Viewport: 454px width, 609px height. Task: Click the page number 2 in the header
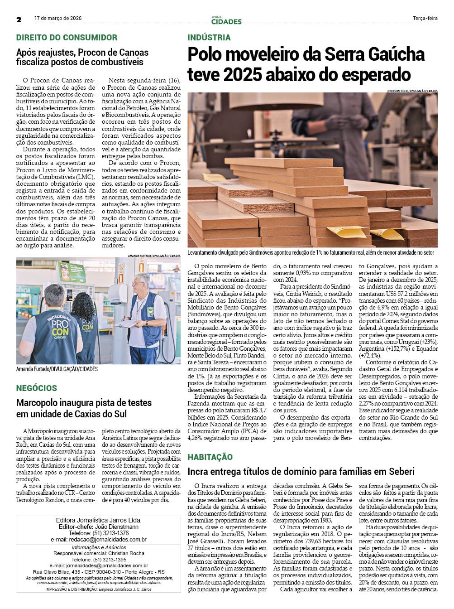(x=19, y=19)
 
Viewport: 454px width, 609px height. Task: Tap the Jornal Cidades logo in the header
(x=226, y=20)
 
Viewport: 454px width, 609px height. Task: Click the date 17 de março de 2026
(x=58, y=19)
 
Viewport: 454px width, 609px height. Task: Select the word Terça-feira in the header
(x=425, y=19)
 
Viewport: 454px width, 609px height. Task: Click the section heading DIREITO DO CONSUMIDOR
(x=67, y=38)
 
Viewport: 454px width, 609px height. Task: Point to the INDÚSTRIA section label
(x=209, y=38)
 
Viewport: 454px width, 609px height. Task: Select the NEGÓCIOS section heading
(x=37, y=388)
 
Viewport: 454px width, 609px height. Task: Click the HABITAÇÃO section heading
(x=210, y=457)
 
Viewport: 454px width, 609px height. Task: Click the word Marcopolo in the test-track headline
(x=38, y=403)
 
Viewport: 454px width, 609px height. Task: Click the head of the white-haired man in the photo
(x=143, y=282)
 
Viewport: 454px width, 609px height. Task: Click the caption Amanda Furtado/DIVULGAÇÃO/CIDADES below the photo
(x=57, y=369)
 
